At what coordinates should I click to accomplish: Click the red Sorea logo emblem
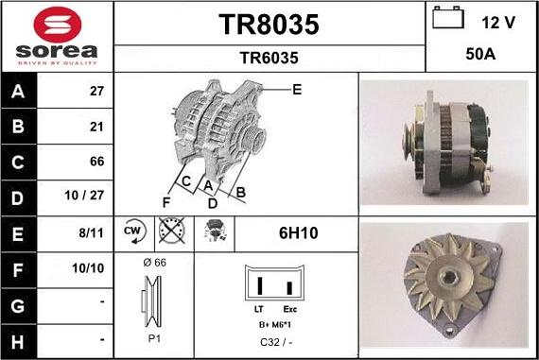pos(58,24)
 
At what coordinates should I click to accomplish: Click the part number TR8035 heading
pos(269,25)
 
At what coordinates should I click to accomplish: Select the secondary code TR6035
pos(269,58)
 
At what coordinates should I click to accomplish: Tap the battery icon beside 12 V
pos(448,18)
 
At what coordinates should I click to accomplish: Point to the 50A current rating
pos(480,54)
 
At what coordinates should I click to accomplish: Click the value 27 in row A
pos(96,91)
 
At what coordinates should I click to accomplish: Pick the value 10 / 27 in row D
pos(84,195)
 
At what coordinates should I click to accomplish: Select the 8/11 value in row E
pos(91,232)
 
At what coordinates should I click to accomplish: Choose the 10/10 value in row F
pos(88,268)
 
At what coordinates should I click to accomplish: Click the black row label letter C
pos(18,163)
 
